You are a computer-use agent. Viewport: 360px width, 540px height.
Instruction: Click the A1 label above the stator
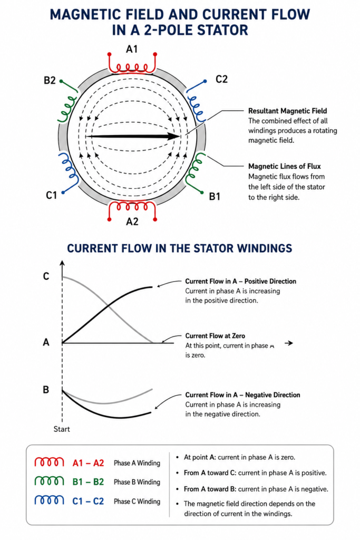[x=132, y=49]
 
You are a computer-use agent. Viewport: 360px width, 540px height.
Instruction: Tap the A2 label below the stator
[x=132, y=221]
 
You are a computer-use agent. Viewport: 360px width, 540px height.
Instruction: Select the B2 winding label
[x=50, y=80]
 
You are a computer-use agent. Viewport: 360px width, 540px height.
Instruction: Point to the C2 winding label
[x=222, y=79]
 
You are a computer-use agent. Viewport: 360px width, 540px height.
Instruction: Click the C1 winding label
[x=51, y=196]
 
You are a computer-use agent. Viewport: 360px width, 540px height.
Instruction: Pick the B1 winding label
[x=215, y=196]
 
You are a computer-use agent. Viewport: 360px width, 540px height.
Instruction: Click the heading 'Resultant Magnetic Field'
[x=287, y=111]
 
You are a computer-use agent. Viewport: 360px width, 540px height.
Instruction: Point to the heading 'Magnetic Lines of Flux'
[x=284, y=166]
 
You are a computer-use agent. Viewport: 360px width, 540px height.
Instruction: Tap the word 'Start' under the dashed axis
[x=62, y=429]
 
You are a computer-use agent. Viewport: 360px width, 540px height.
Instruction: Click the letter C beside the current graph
[x=46, y=276]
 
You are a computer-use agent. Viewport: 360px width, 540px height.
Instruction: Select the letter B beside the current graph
[x=46, y=390]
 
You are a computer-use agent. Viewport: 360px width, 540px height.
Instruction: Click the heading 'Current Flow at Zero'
[x=215, y=336]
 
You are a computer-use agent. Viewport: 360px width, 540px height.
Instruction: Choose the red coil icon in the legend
[x=49, y=462]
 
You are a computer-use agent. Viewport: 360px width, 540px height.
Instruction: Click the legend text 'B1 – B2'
[x=88, y=482]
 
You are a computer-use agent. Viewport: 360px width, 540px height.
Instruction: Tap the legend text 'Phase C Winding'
[x=137, y=502]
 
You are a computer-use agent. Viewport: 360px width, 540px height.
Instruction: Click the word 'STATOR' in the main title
[x=222, y=30]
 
